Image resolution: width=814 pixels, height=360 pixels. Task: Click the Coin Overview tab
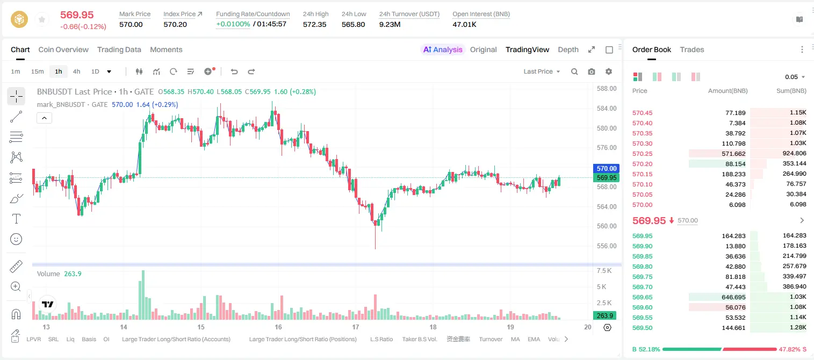tap(63, 49)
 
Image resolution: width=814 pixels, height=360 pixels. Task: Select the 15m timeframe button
tap(38, 71)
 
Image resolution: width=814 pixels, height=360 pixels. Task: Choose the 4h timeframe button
tap(76, 71)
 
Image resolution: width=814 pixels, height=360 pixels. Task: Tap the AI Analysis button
tap(443, 49)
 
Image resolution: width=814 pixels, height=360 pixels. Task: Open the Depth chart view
tap(568, 49)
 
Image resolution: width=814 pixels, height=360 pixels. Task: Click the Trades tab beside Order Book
tap(692, 49)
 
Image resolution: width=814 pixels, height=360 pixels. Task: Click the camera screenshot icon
tap(592, 71)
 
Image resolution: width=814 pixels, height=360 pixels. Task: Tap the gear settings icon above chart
tap(609, 71)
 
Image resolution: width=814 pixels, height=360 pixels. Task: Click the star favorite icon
tap(42, 19)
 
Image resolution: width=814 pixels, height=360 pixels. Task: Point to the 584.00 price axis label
tap(607, 108)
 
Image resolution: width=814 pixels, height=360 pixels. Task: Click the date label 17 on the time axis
tap(355, 327)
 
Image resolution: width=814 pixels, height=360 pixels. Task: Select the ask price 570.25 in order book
tap(642, 154)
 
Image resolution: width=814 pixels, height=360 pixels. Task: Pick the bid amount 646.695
tap(733, 297)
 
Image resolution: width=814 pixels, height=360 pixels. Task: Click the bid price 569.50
tap(642, 328)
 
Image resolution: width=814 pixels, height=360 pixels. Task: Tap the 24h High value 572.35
tap(315, 24)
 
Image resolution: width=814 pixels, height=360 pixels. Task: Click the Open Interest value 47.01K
tap(464, 24)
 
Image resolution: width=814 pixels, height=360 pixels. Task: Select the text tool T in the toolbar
tap(16, 219)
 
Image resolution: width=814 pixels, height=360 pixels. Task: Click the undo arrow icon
tap(234, 71)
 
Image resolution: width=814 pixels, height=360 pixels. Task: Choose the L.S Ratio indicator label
tap(381, 339)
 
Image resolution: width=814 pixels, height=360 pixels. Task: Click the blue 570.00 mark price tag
tap(606, 169)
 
